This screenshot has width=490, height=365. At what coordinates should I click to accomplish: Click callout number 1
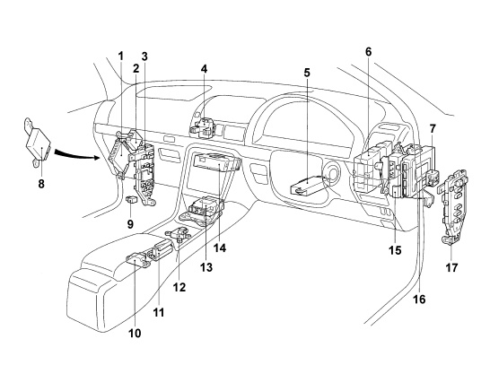tap(121, 56)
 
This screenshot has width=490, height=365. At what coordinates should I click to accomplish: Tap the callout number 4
tap(204, 69)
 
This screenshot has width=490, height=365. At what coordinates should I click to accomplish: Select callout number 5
tap(307, 73)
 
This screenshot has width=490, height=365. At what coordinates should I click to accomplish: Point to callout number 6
tap(369, 52)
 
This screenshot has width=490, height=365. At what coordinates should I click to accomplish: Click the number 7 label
tap(433, 128)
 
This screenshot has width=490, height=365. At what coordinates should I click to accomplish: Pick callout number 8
tap(41, 184)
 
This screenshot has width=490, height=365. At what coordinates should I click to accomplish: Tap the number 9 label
tap(130, 224)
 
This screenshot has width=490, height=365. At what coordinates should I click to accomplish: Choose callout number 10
tap(135, 333)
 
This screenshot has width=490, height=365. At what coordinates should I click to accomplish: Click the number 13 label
tap(206, 267)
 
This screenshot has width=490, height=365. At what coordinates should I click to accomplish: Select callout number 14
tap(220, 248)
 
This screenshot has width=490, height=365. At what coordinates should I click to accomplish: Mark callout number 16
tap(419, 300)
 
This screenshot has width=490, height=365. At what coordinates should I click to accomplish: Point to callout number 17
tap(451, 267)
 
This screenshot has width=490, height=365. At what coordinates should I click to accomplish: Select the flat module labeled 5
tap(308, 185)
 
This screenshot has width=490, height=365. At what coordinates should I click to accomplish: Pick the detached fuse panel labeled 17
tap(452, 206)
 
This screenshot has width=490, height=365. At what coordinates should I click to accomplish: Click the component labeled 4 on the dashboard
tap(203, 127)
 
